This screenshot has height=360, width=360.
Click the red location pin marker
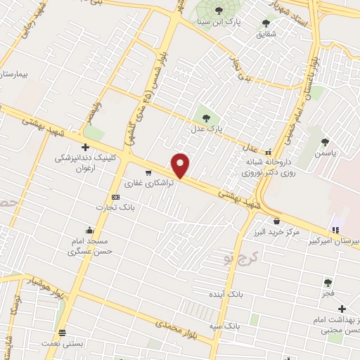181,165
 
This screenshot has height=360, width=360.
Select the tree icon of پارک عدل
206,117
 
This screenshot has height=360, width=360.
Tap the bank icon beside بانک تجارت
115,198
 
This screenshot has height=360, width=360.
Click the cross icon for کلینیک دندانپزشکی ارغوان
85,148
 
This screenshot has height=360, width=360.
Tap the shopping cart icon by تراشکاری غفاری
148,172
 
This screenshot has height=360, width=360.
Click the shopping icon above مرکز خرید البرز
276,220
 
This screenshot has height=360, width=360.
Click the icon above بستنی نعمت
63,332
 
